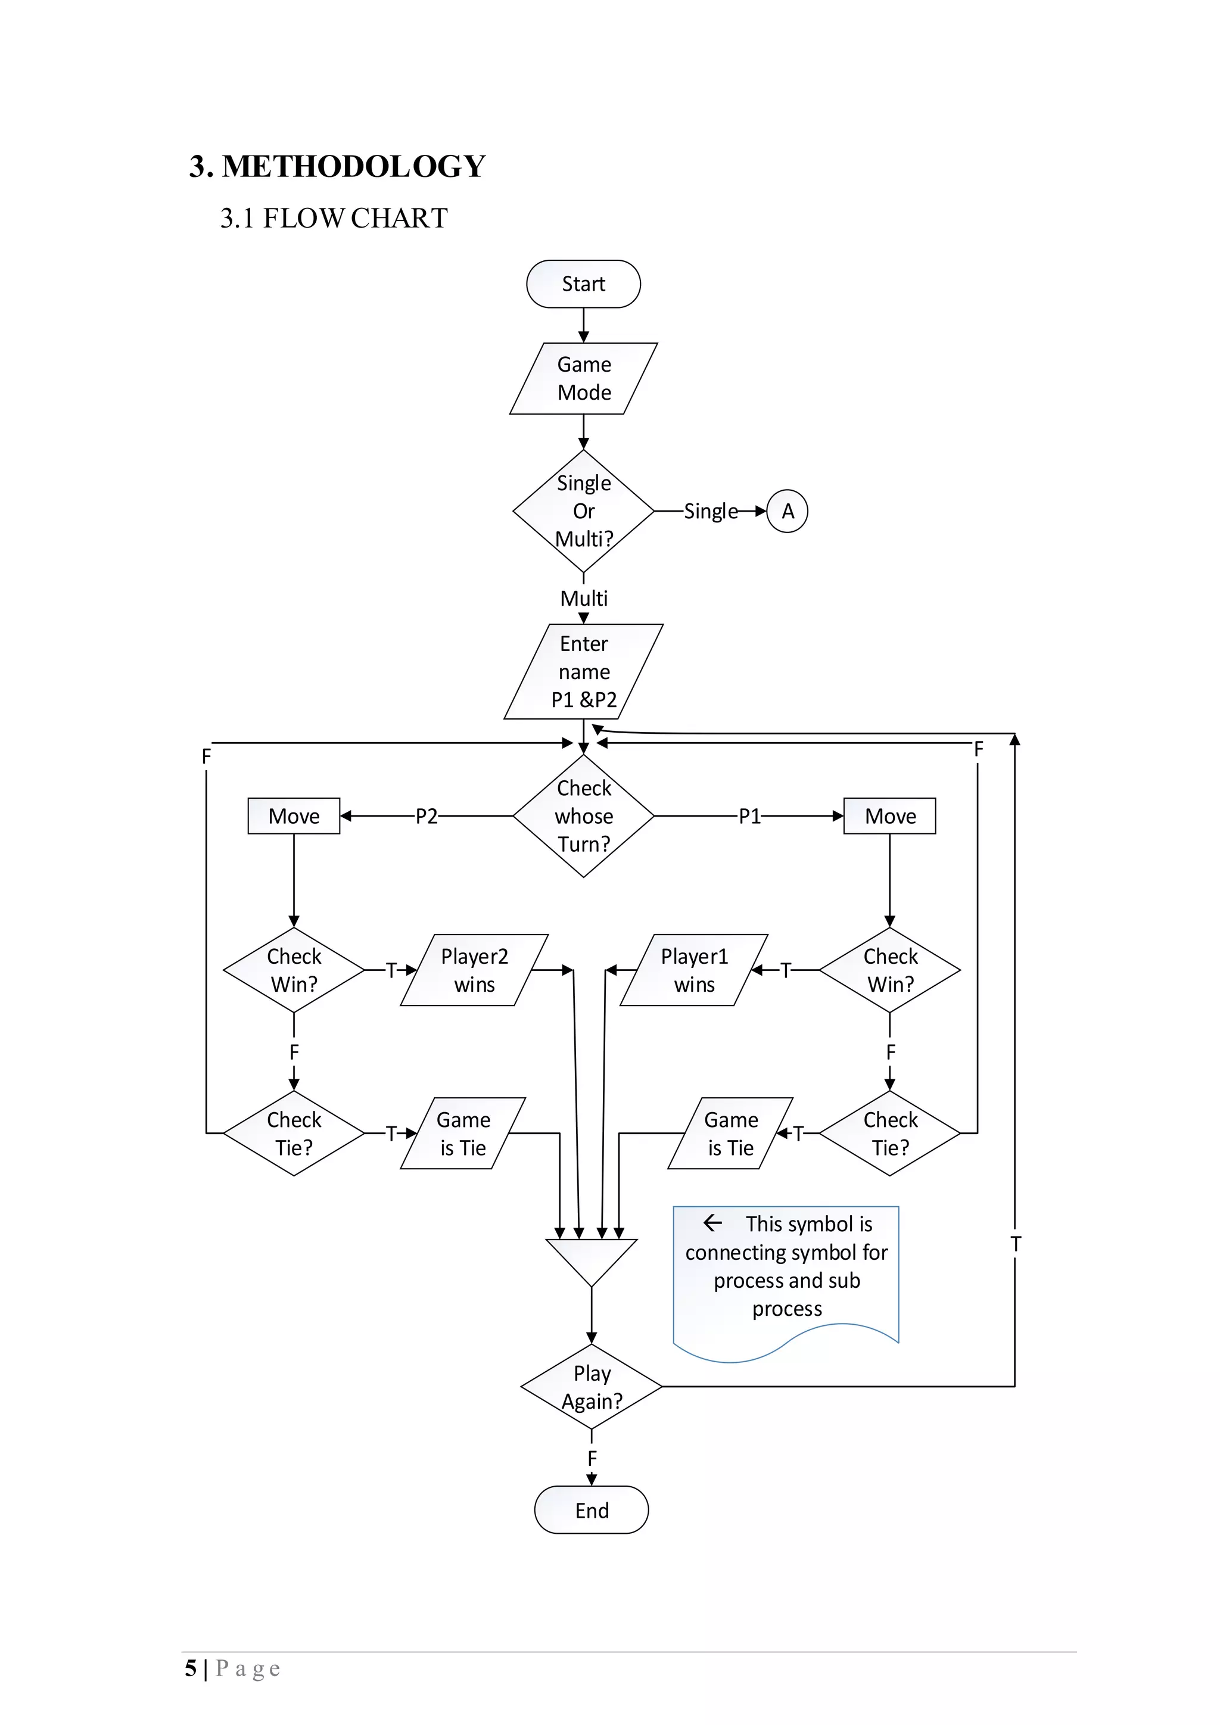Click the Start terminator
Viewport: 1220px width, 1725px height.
coord(584,284)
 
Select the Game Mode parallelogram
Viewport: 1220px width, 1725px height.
coord(584,379)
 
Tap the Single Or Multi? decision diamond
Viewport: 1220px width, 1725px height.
coord(584,511)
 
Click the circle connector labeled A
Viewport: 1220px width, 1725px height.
coord(788,511)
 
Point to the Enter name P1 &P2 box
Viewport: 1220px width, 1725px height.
coord(584,672)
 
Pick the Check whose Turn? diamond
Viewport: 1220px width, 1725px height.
coord(584,816)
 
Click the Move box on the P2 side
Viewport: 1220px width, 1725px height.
coord(294,816)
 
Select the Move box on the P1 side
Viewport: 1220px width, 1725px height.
coord(890,816)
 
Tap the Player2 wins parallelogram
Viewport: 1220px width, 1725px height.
coord(475,970)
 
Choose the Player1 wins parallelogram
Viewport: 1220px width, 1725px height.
coord(694,970)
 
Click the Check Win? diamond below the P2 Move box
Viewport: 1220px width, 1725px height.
coord(294,970)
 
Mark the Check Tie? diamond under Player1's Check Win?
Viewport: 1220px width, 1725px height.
coord(890,1133)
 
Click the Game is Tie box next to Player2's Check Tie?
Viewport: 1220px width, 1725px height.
coord(463,1133)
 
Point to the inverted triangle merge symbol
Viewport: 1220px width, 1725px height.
coord(592,1261)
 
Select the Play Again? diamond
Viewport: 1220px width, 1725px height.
coord(592,1387)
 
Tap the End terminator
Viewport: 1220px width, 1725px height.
coord(592,1510)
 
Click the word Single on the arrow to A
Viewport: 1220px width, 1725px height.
coord(711,512)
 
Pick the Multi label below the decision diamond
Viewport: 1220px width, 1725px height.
coord(584,598)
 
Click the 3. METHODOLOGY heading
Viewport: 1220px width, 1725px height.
coord(337,166)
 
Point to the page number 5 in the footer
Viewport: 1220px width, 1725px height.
coord(191,1668)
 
